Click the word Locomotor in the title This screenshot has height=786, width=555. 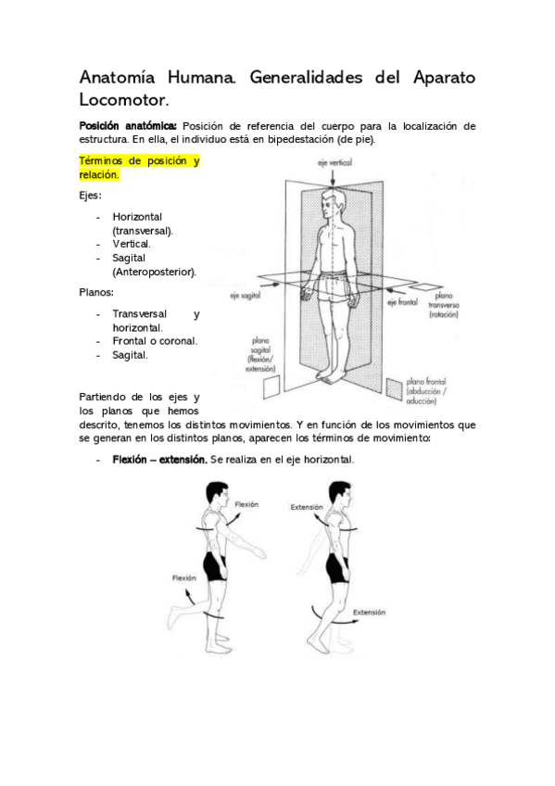pyautogui.click(x=124, y=100)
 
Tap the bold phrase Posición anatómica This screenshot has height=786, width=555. pyautogui.click(x=128, y=126)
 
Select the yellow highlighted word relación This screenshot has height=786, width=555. pyautogui.click(x=99, y=175)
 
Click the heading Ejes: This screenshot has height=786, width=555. pyautogui.click(x=90, y=196)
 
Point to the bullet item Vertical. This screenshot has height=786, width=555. pyautogui.click(x=132, y=244)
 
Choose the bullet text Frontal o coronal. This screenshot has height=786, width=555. pyautogui.click(x=155, y=341)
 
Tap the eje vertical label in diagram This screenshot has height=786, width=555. pyautogui.click(x=334, y=162)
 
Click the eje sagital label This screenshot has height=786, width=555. pyautogui.click(x=245, y=296)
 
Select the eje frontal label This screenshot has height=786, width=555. pyautogui.click(x=403, y=302)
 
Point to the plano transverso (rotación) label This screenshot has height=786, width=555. pyautogui.click(x=443, y=305)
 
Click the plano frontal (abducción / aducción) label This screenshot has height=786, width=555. pyautogui.click(x=426, y=391)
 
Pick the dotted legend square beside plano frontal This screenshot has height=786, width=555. pyautogui.click(x=394, y=388)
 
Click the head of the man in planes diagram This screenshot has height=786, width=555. pyautogui.click(x=334, y=203)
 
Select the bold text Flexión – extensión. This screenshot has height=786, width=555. pyautogui.click(x=159, y=460)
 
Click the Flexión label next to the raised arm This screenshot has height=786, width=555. pyautogui.click(x=247, y=505)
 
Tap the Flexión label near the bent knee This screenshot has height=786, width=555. pyautogui.click(x=183, y=578)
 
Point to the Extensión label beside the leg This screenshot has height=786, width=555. pyautogui.click(x=369, y=612)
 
